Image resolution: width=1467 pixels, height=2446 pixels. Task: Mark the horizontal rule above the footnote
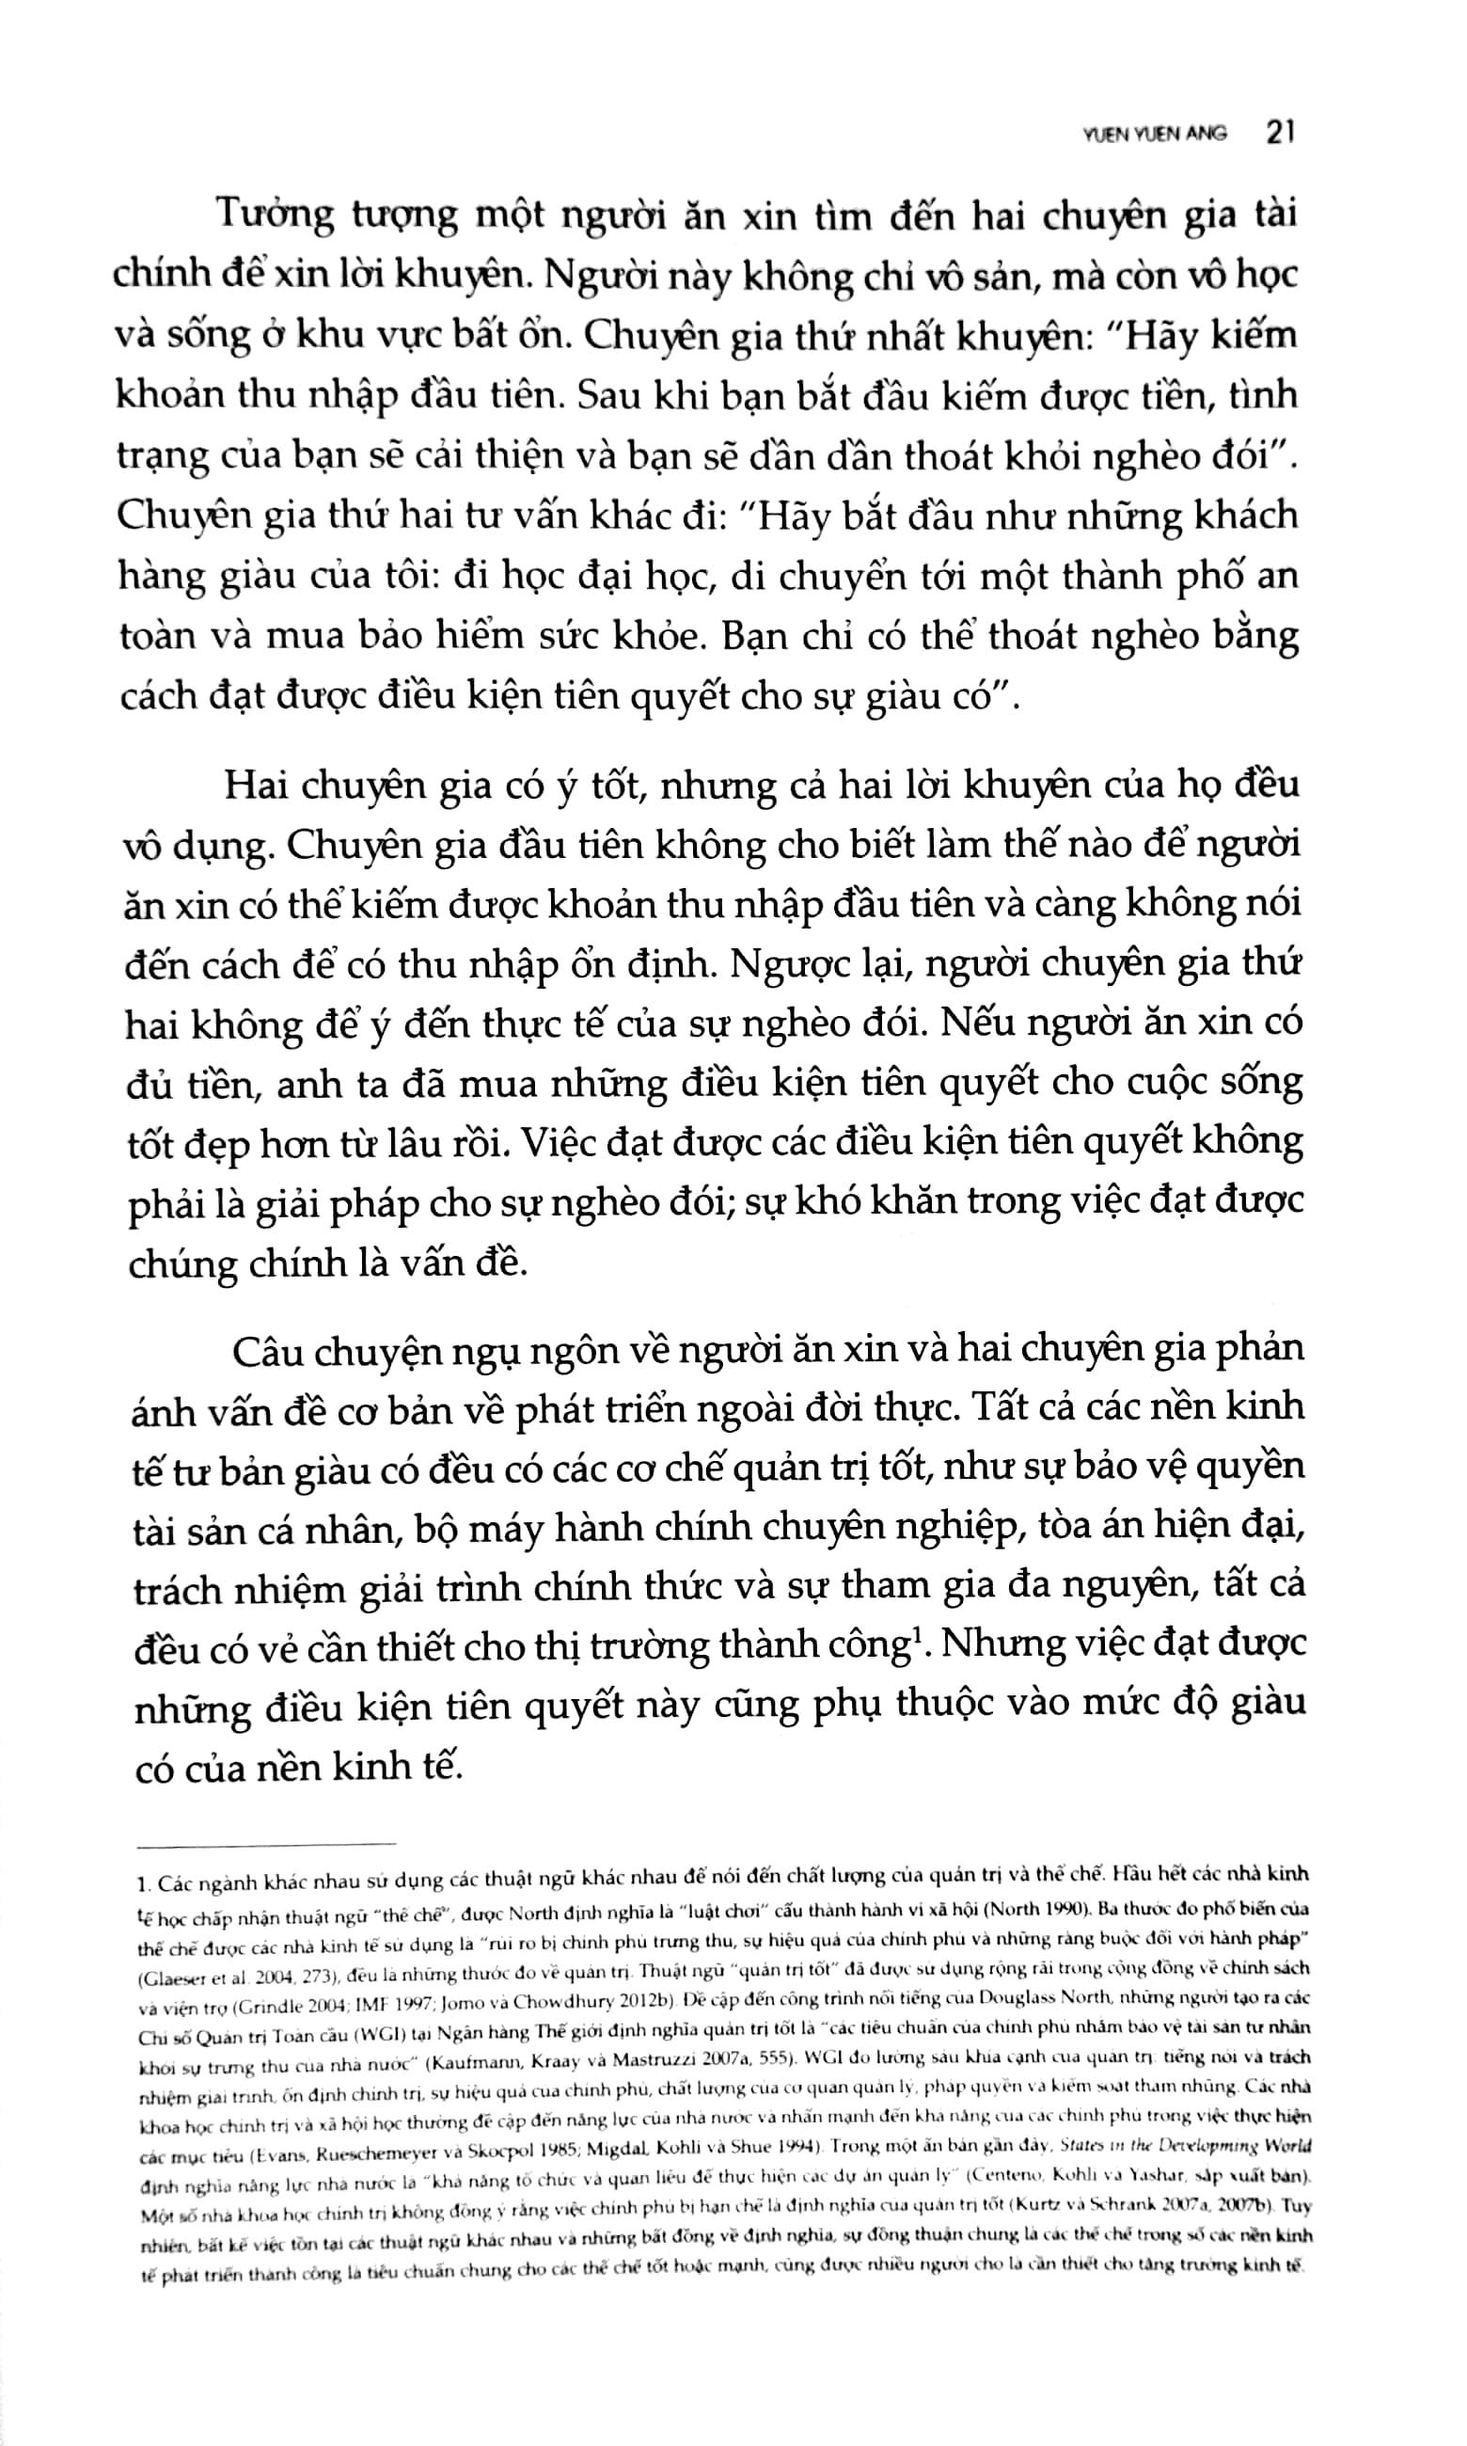(x=267, y=1844)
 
